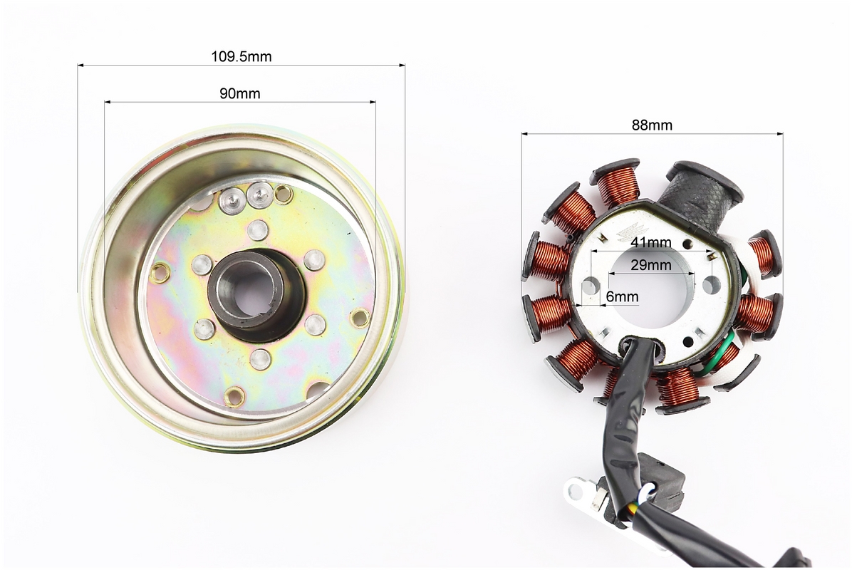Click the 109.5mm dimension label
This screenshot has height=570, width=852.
point(241,56)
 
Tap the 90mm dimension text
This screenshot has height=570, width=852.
point(239,93)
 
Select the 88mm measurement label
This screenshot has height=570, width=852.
point(652,125)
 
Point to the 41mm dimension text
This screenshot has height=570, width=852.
point(651,242)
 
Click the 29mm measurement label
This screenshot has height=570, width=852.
point(651,265)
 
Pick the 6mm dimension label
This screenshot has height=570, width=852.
point(622,296)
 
